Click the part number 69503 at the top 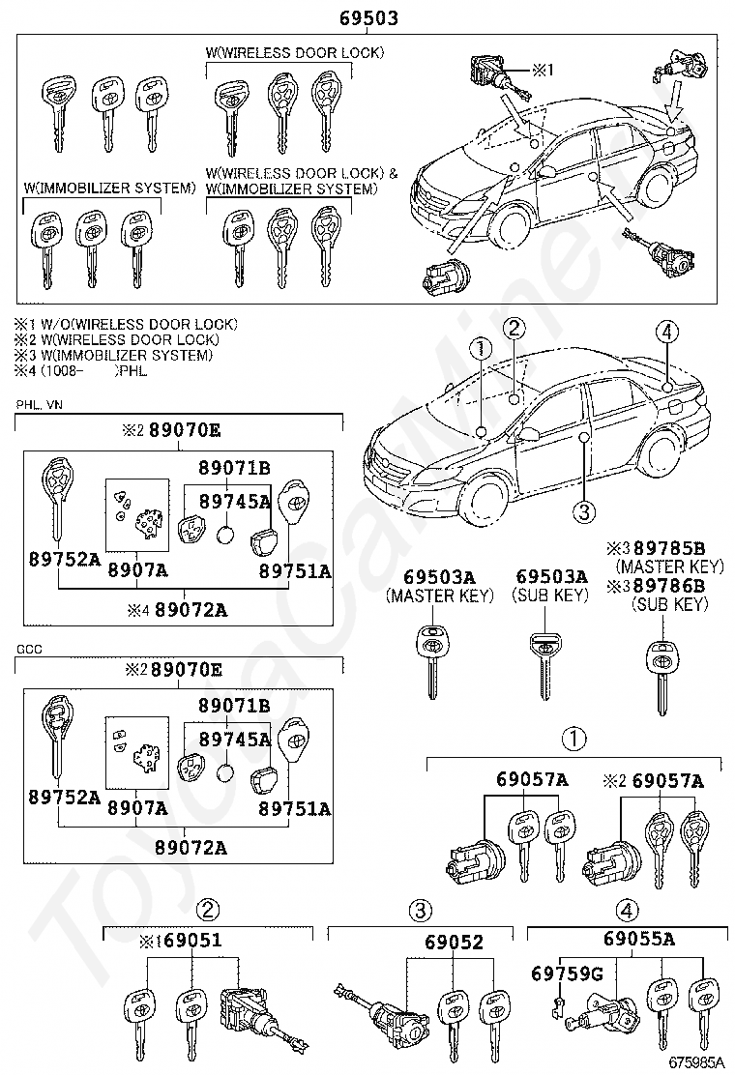(368, 18)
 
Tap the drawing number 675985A (696, 1063)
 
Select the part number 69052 (454, 942)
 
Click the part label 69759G (567, 973)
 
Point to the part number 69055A (639, 939)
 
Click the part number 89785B (669, 548)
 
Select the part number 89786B (669, 586)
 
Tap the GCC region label (28, 650)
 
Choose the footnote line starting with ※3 (113, 355)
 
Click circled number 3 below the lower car (583, 511)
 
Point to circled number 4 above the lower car (666, 333)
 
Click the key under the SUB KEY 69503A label (545, 665)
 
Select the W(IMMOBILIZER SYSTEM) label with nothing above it (109, 189)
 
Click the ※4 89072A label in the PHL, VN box (177, 609)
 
